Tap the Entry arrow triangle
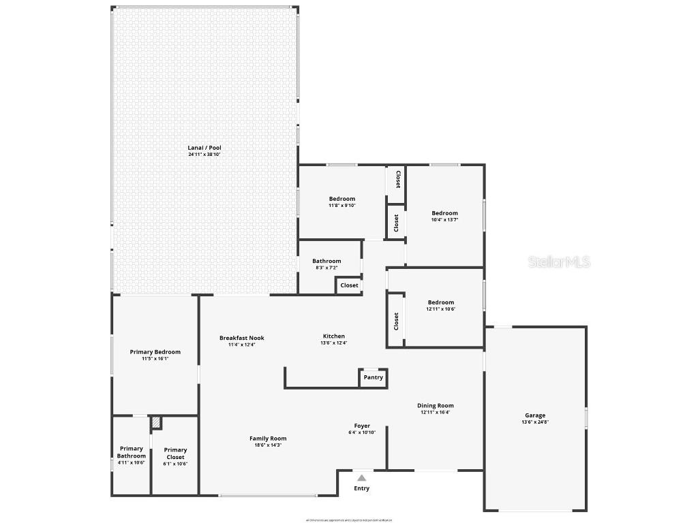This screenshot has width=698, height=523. pyautogui.click(x=361, y=478)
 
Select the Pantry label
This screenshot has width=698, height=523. pyautogui.click(x=374, y=377)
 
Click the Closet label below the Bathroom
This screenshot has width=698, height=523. pyautogui.click(x=350, y=285)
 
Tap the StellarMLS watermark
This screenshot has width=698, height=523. pyautogui.click(x=552, y=261)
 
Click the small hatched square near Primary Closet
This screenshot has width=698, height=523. pyautogui.click(x=156, y=423)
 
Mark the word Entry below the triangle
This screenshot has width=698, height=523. pyautogui.click(x=361, y=488)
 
